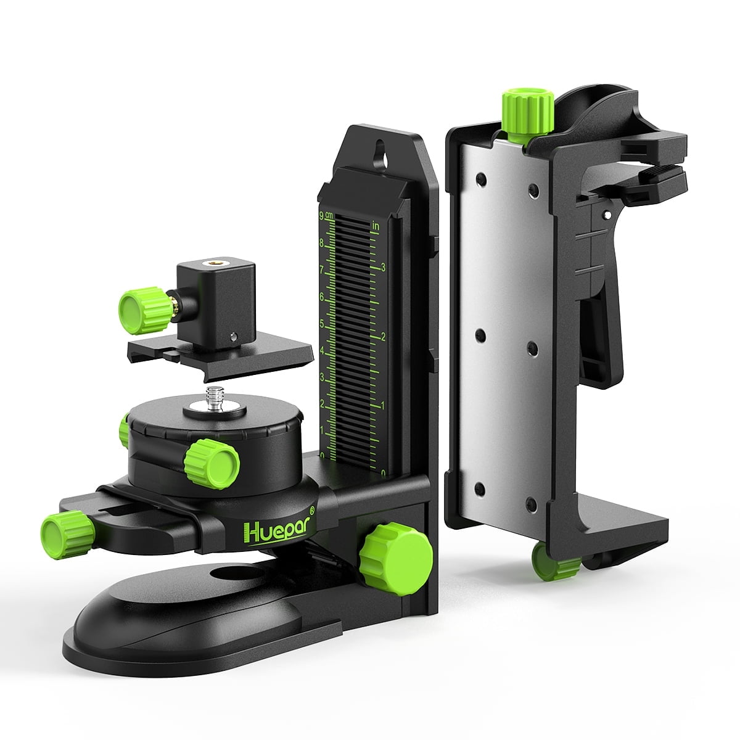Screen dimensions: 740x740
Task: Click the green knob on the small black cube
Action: coord(145,310)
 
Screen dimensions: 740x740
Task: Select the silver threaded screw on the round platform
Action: coord(215,398)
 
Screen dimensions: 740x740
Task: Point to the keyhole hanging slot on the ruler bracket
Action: coord(380,154)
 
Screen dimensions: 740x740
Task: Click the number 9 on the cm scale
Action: coord(321,216)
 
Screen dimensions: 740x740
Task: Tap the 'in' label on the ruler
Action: coord(375,226)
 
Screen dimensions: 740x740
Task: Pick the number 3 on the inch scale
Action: coord(383,268)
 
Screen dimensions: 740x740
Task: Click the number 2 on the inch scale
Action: coord(382,337)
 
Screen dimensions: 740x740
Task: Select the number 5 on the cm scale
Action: coord(322,324)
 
